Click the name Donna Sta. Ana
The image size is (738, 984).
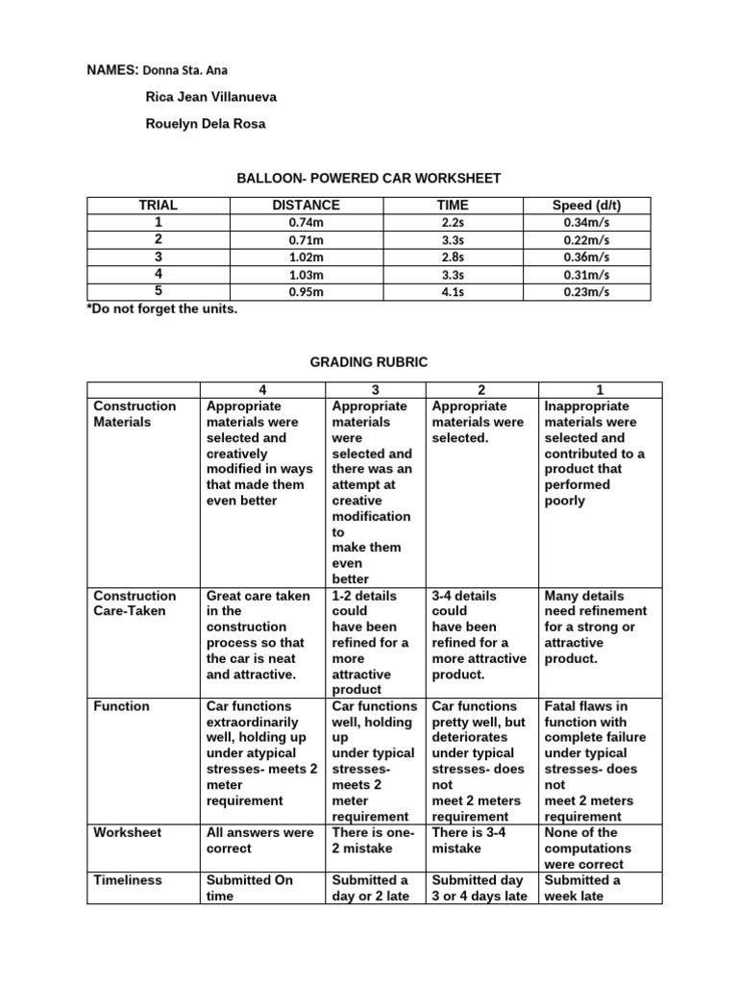tap(186, 70)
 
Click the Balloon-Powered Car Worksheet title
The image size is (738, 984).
tap(369, 178)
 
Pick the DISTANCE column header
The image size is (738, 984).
tap(305, 205)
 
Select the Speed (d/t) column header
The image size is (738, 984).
tap(586, 205)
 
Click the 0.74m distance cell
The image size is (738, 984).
tap(305, 222)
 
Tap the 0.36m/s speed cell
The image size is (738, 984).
tap(586, 257)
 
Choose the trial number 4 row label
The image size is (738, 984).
tap(159, 274)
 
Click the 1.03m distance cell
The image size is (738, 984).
tap(305, 274)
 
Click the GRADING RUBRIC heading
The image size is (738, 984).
tap(369, 361)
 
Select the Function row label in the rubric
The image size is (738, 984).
tap(121, 706)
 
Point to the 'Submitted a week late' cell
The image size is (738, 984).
tap(583, 888)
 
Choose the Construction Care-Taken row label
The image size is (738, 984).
tap(135, 603)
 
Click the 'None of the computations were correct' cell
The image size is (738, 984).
tap(588, 849)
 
